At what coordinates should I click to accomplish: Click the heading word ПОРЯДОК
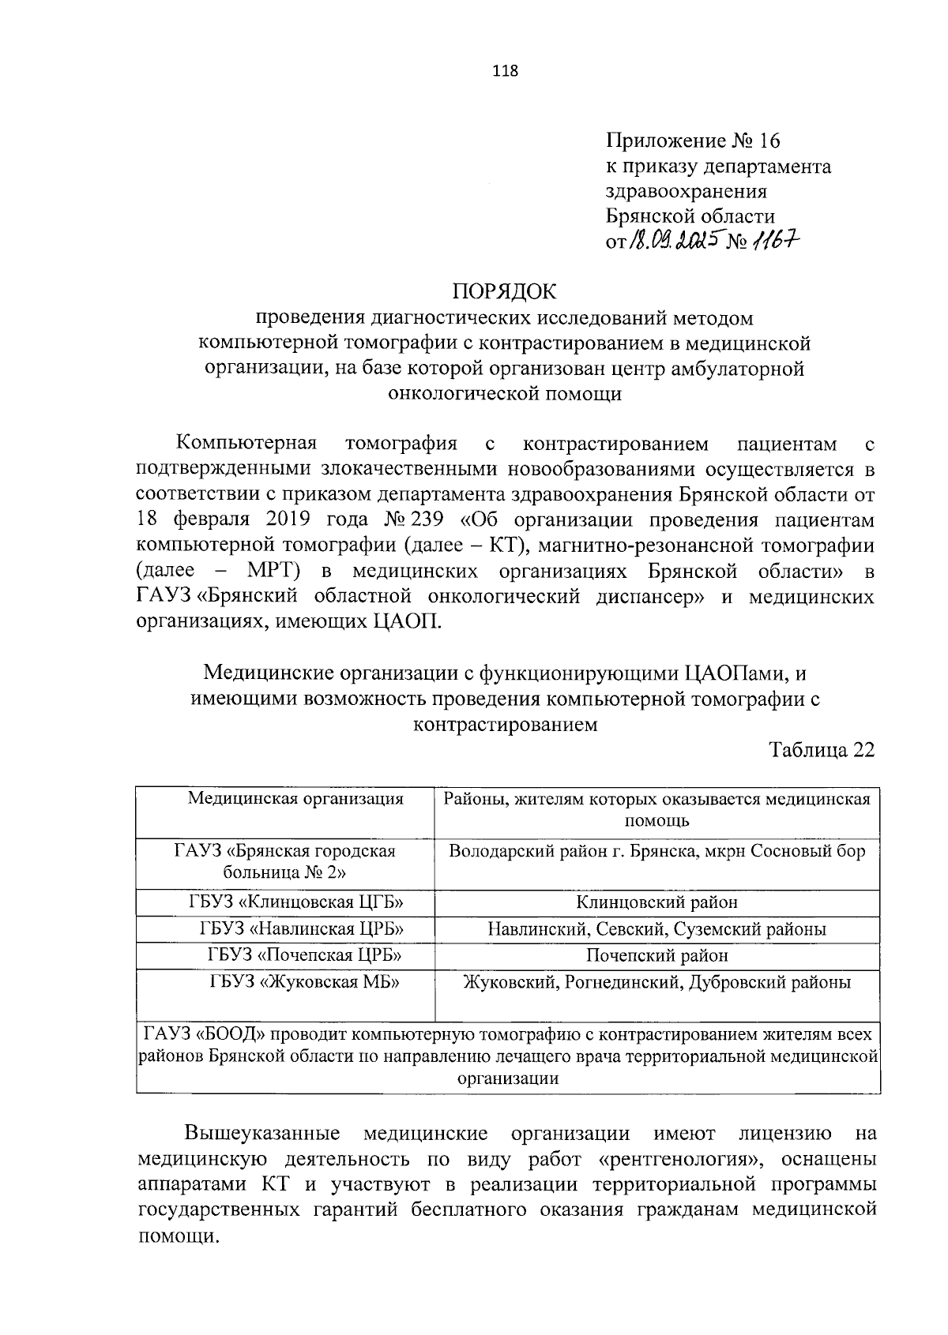504,291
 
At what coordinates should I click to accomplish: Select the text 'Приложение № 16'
692,141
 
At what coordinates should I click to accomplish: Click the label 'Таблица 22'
822,749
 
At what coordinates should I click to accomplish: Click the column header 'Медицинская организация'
295,798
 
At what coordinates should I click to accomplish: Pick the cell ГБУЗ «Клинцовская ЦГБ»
300,902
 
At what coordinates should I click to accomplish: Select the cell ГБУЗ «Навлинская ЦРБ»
305,928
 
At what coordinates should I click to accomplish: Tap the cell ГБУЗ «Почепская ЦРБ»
305,955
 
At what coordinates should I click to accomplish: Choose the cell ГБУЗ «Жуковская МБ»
304,982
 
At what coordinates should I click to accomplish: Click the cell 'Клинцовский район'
656,902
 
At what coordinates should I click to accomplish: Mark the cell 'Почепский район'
656,955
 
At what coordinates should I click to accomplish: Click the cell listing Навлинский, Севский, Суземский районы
656,928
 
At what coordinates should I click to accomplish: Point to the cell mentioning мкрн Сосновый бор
656,851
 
